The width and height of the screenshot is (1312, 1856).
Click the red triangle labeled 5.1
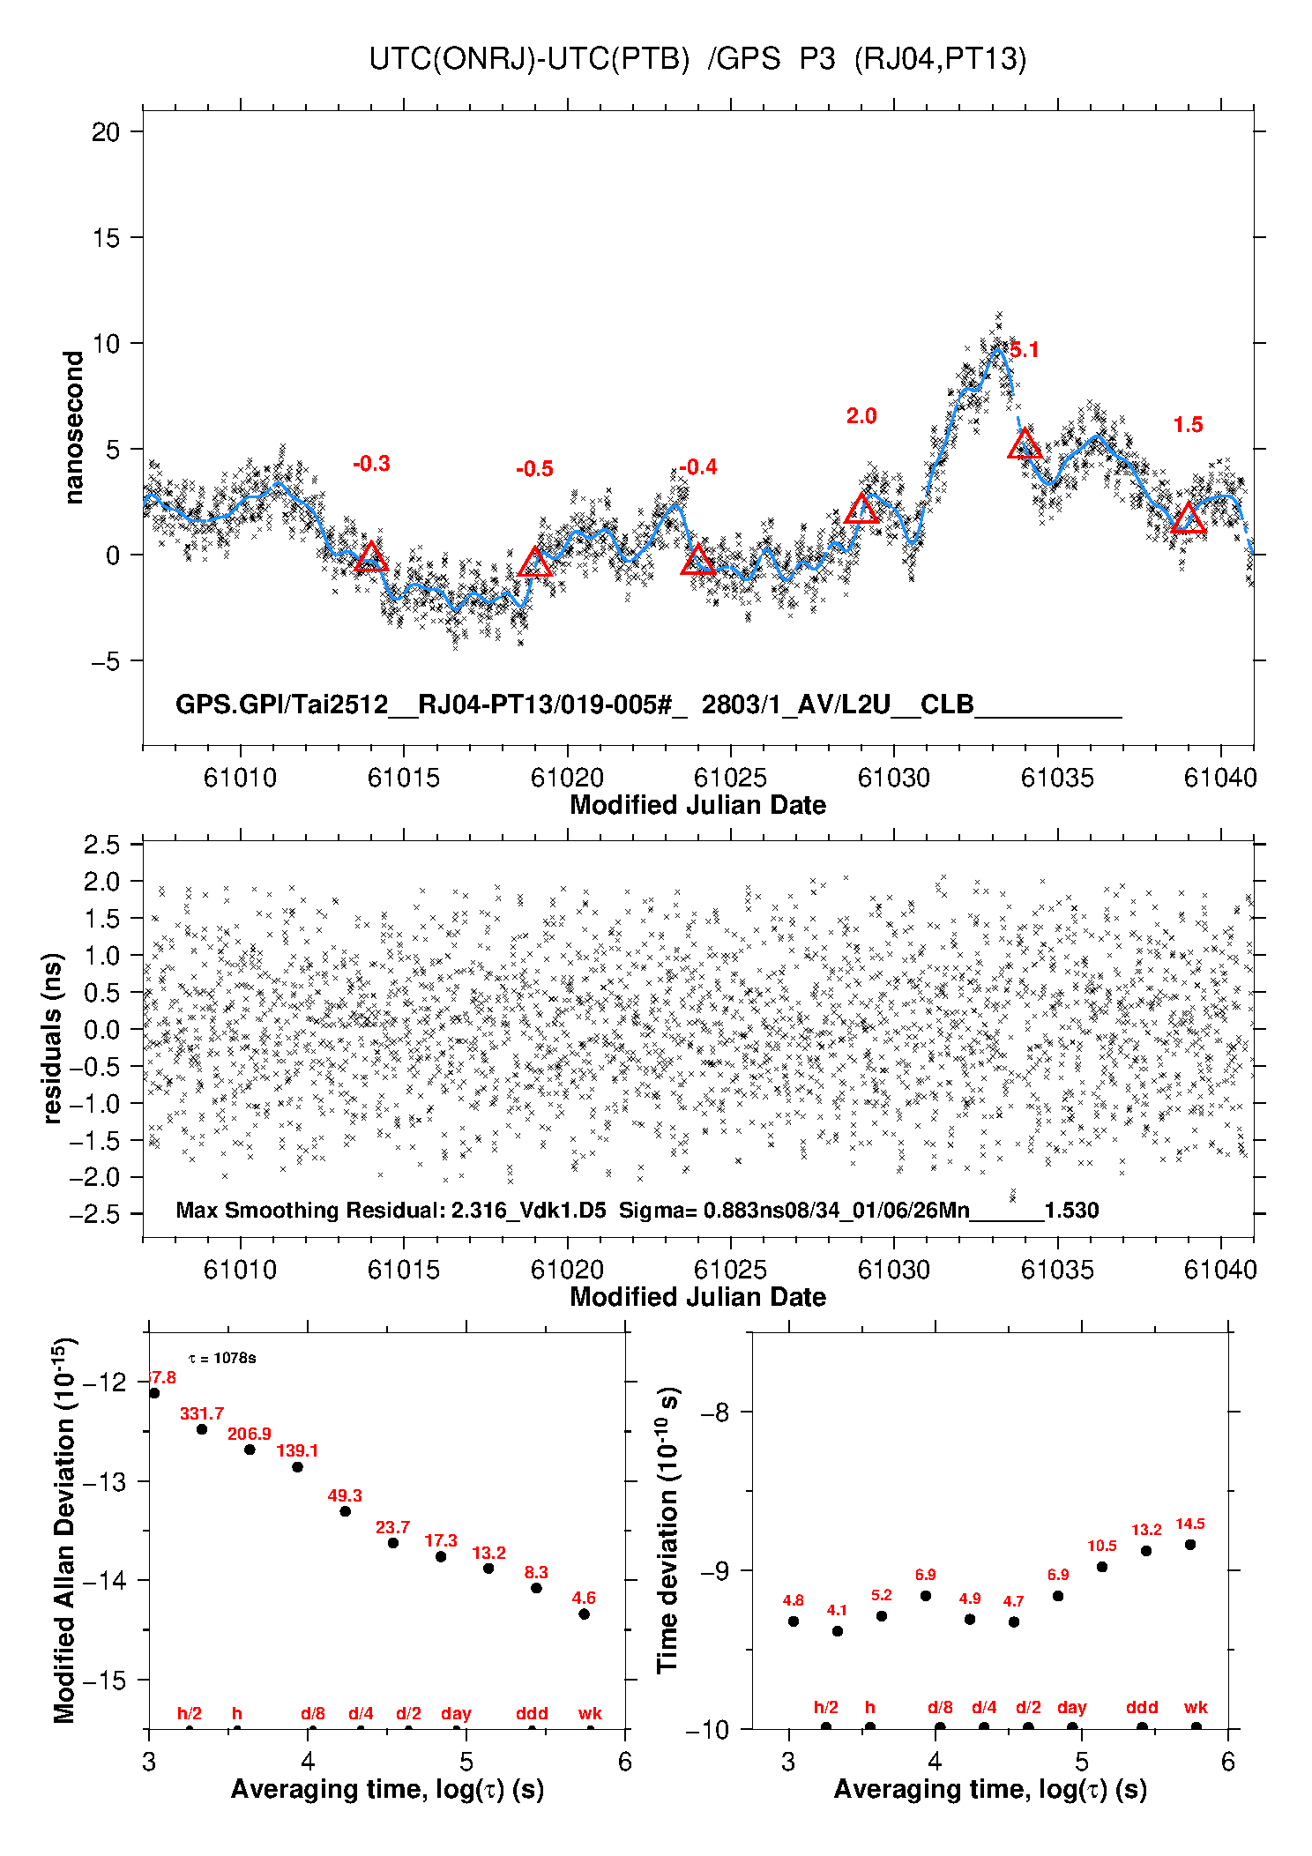(1025, 444)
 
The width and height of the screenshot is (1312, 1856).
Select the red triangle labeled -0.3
(371, 557)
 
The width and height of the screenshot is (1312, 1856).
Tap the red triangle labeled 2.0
(861, 509)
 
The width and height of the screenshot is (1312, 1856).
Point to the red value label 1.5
(1188, 425)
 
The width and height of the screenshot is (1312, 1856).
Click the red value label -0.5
(534, 469)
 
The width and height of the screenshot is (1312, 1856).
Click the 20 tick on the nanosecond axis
(106, 132)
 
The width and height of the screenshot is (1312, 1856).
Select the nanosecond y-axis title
(74, 428)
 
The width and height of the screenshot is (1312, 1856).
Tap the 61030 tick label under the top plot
(893, 778)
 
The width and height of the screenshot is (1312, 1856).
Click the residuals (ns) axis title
(53, 1038)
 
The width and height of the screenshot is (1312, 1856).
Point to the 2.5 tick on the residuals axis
(101, 845)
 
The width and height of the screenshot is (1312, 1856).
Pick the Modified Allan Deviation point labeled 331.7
(202, 1429)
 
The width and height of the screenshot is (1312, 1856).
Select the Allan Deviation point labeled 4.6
(584, 1614)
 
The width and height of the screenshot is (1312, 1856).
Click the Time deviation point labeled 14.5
(1190, 1545)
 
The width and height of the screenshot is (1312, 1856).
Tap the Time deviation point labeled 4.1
(838, 1631)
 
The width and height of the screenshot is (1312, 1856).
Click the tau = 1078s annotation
(222, 1358)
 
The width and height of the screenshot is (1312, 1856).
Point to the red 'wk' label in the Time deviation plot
(1196, 1708)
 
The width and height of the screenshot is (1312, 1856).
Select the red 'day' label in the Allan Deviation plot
(456, 1714)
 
